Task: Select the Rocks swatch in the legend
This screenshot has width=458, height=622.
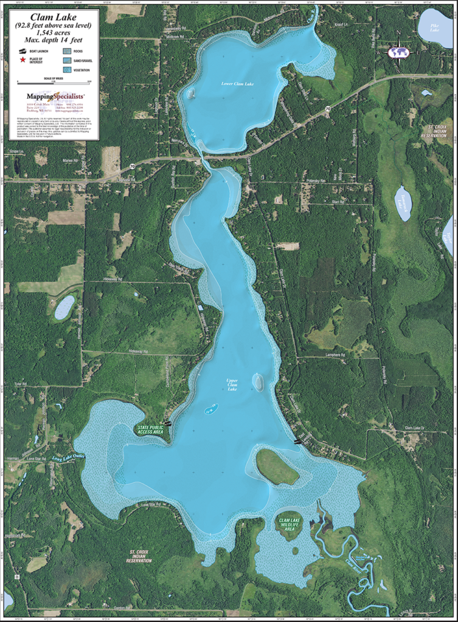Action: point(66,52)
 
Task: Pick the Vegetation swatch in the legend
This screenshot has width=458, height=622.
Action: point(66,69)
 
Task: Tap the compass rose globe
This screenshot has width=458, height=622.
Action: point(399,52)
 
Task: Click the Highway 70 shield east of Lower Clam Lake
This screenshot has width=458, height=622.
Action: point(327,109)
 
